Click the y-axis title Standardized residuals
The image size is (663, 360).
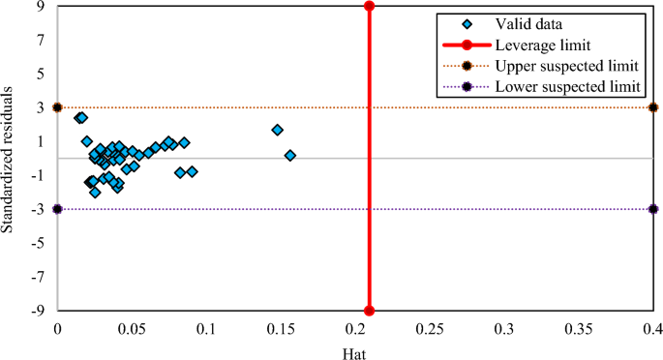pyautogui.click(x=9, y=158)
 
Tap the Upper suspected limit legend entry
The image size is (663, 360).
pyautogui.click(x=565, y=66)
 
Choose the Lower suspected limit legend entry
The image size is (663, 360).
pyautogui.click(x=565, y=87)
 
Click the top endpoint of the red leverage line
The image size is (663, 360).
pyautogui.click(x=369, y=6)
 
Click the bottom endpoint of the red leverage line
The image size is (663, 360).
pyautogui.click(x=369, y=311)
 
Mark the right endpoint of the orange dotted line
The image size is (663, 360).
pyautogui.click(x=653, y=107)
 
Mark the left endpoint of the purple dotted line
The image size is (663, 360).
pyautogui.click(x=57, y=209)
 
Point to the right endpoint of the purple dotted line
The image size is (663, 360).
pyautogui.click(x=653, y=209)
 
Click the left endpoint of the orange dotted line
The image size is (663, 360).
pyautogui.click(x=57, y=107)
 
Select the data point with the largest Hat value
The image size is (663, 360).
pyautogui.click(x=289, y=155)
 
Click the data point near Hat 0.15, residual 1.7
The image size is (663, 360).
pyautogui.click(x=277, y=130)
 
